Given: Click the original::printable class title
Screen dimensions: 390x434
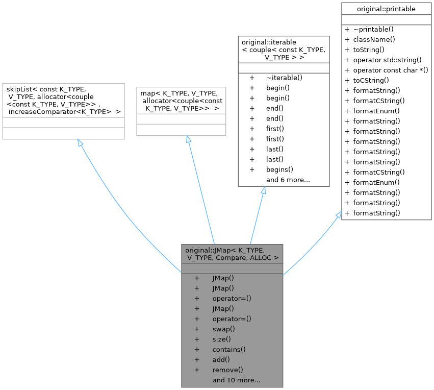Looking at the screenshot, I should tap(386, 9).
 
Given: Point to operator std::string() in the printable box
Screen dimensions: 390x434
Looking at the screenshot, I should tap(387, 60).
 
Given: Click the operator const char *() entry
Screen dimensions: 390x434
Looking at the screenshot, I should tap(390, 70).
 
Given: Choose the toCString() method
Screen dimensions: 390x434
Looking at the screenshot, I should tap(371, 80).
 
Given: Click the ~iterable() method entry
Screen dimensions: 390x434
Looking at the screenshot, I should tap(284, 78).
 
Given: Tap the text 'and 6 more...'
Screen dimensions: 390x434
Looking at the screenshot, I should tap(288, 180).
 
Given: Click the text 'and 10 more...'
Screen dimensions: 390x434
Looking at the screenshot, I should tap(236, 380).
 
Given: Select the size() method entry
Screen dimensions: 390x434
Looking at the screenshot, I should tap(221, 339).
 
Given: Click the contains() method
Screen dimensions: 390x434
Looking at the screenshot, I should tap(229, 349).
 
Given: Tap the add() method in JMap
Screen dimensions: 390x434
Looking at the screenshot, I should tap(221, 359).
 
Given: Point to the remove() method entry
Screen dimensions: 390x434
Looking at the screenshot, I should tap(227, 370).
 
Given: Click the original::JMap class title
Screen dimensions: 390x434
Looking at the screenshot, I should tap(232, 254).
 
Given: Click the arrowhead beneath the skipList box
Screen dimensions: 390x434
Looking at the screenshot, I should tap(81, 143).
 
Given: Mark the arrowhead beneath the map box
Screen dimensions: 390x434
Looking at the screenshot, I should tap(188, 139).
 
